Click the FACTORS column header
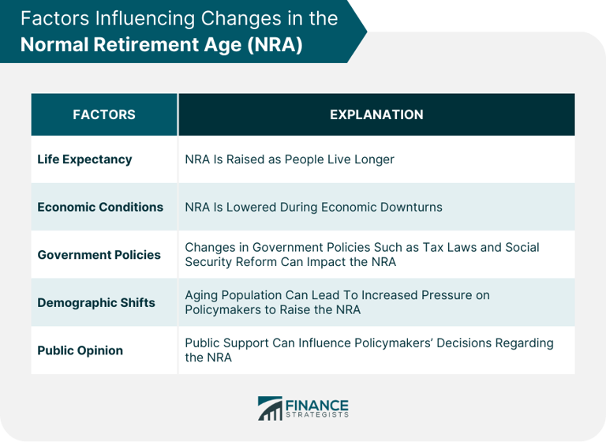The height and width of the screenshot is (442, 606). tap(104, 114)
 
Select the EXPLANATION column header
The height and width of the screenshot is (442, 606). tap(376, 114)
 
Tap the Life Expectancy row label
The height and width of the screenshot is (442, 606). tap(84, 159)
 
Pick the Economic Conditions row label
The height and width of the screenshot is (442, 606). tap(100, 207)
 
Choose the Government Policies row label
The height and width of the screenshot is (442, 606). tap(99, 255)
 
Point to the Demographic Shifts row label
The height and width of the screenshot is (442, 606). tap(96, 302)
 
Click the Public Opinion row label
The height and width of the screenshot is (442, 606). tap(80, 350)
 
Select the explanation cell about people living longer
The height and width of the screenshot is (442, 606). tap(290, 159)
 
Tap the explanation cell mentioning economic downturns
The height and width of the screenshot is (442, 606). tap(313, 207)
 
